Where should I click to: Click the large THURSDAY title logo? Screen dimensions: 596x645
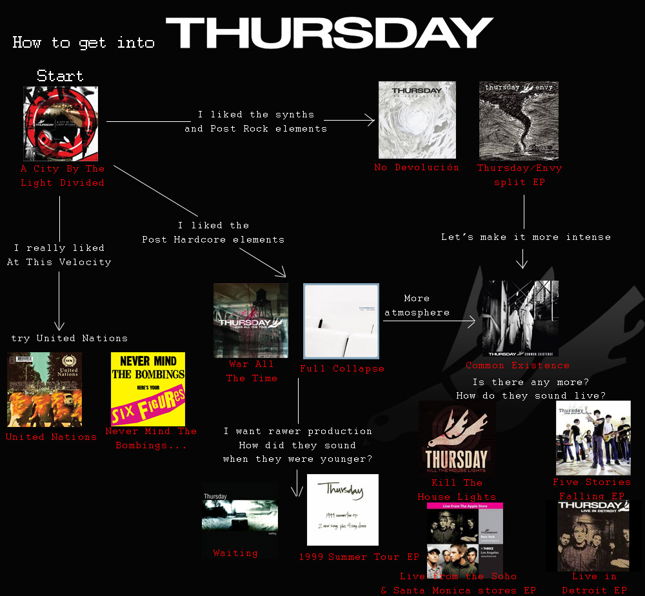point(330,33)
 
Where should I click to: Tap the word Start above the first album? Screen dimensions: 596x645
point(60,75)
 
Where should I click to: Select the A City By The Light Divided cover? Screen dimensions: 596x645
point(61,124)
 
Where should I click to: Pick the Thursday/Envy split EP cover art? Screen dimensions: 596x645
point(519,121)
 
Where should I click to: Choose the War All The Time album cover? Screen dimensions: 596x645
point(251,321)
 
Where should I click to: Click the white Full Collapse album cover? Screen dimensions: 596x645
point(341,321)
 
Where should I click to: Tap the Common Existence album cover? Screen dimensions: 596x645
point(521,318)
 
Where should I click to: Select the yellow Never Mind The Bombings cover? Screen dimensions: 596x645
point(148,389)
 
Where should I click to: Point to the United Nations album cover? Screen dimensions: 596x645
point(45,389)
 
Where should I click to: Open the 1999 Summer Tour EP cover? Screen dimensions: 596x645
point(342,510)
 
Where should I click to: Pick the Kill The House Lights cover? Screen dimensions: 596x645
point(457,439)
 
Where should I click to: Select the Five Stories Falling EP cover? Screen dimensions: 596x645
point(593,438)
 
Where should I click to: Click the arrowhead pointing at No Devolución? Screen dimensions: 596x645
point(371,120)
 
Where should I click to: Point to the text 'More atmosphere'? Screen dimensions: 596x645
point(417,306)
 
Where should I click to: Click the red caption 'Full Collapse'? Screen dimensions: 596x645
point(342,369)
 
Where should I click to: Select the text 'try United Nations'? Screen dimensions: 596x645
point(69,338)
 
